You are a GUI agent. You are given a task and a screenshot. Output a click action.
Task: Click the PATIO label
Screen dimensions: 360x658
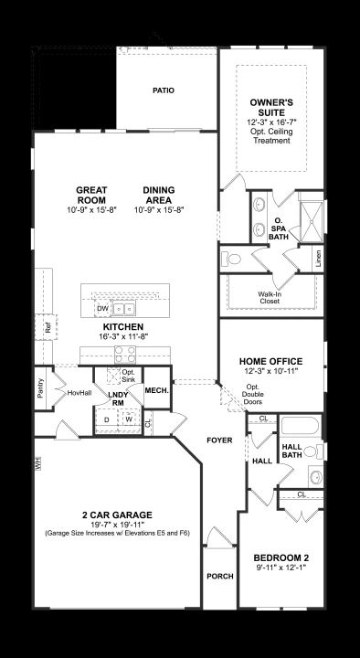(164, 90)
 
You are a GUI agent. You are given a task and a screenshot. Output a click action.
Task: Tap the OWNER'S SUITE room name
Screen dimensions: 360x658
(271, 108)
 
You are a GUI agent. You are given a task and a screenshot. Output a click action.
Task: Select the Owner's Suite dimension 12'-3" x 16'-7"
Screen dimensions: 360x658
(271, 122)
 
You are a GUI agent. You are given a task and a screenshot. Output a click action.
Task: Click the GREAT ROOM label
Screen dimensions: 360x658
(91, 196)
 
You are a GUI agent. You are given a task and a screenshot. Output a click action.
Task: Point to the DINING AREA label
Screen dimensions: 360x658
(159, 196)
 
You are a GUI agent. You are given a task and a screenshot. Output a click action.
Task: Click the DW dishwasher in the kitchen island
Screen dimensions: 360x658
(103, 309)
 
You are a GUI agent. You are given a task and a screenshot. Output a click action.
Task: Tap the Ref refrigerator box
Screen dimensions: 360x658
(48, 326)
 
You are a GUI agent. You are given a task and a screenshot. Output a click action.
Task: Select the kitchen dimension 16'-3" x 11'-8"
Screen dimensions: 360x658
(123, 335)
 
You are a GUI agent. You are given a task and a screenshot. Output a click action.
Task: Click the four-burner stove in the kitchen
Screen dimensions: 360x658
(125, 355)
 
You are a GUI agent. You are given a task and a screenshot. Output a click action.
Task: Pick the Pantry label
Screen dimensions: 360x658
(40, 388)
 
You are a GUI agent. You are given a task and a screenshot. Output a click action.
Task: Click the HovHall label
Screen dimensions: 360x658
(79, 393)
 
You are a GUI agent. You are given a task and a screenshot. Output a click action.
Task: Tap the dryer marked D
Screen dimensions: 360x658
(107, 419)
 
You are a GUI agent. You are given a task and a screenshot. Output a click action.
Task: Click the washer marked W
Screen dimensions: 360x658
(128, 419)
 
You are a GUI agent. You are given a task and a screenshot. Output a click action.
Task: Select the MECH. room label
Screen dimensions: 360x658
(156, 390)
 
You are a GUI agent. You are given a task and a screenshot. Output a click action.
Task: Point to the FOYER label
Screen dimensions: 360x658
(219, 440)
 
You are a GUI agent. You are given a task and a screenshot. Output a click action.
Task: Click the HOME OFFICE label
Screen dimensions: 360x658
(270, 361)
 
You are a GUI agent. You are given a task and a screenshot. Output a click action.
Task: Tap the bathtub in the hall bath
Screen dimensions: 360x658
(300, 425)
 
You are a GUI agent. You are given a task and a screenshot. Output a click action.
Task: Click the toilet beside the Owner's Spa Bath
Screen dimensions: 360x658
(231, 259)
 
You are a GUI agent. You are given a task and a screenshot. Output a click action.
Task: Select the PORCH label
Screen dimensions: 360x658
(220, 576)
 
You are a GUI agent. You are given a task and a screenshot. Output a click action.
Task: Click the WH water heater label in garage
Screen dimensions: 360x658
(37, 464)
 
